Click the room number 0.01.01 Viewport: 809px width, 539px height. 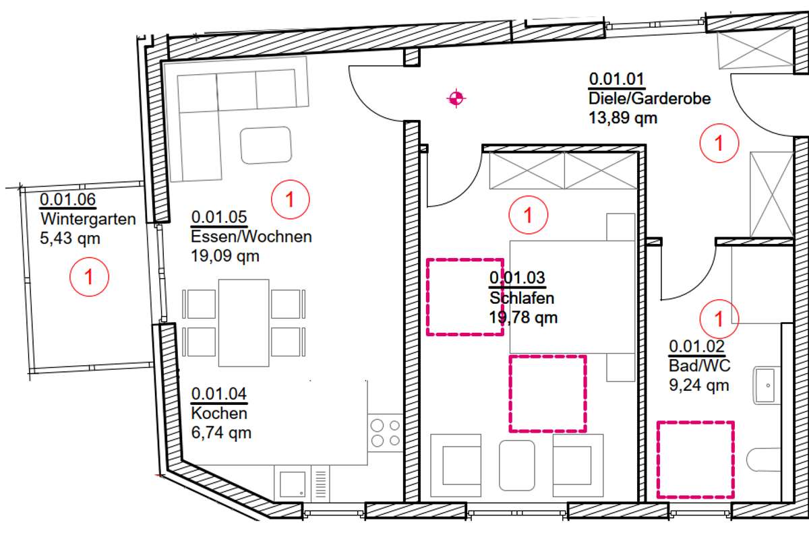coord(616,79)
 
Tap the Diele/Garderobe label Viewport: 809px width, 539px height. coord(650,98)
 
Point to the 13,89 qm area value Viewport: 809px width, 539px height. coord(623,118)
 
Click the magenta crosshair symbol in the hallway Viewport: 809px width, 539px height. coord(456,98)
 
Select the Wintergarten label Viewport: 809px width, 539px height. coord(88,219)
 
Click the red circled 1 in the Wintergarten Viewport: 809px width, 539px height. coord(89,277)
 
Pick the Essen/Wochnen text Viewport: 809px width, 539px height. coord(251,237)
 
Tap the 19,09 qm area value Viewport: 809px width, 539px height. coord(225,256)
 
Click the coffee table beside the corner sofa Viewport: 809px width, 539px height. coord(266,145)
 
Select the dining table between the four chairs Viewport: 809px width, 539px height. coord(244,323)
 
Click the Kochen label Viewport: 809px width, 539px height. coord(219,414)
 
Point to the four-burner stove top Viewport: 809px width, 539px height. coord(386,433)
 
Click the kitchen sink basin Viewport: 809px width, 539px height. coord(293,484)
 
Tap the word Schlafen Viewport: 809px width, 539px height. coord(522,298)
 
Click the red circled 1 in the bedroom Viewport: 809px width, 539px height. coord(529,215)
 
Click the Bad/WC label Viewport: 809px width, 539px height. coord(700,366)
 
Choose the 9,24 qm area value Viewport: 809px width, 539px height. coord(699,385)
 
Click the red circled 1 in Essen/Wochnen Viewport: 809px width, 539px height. coord(291,199)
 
